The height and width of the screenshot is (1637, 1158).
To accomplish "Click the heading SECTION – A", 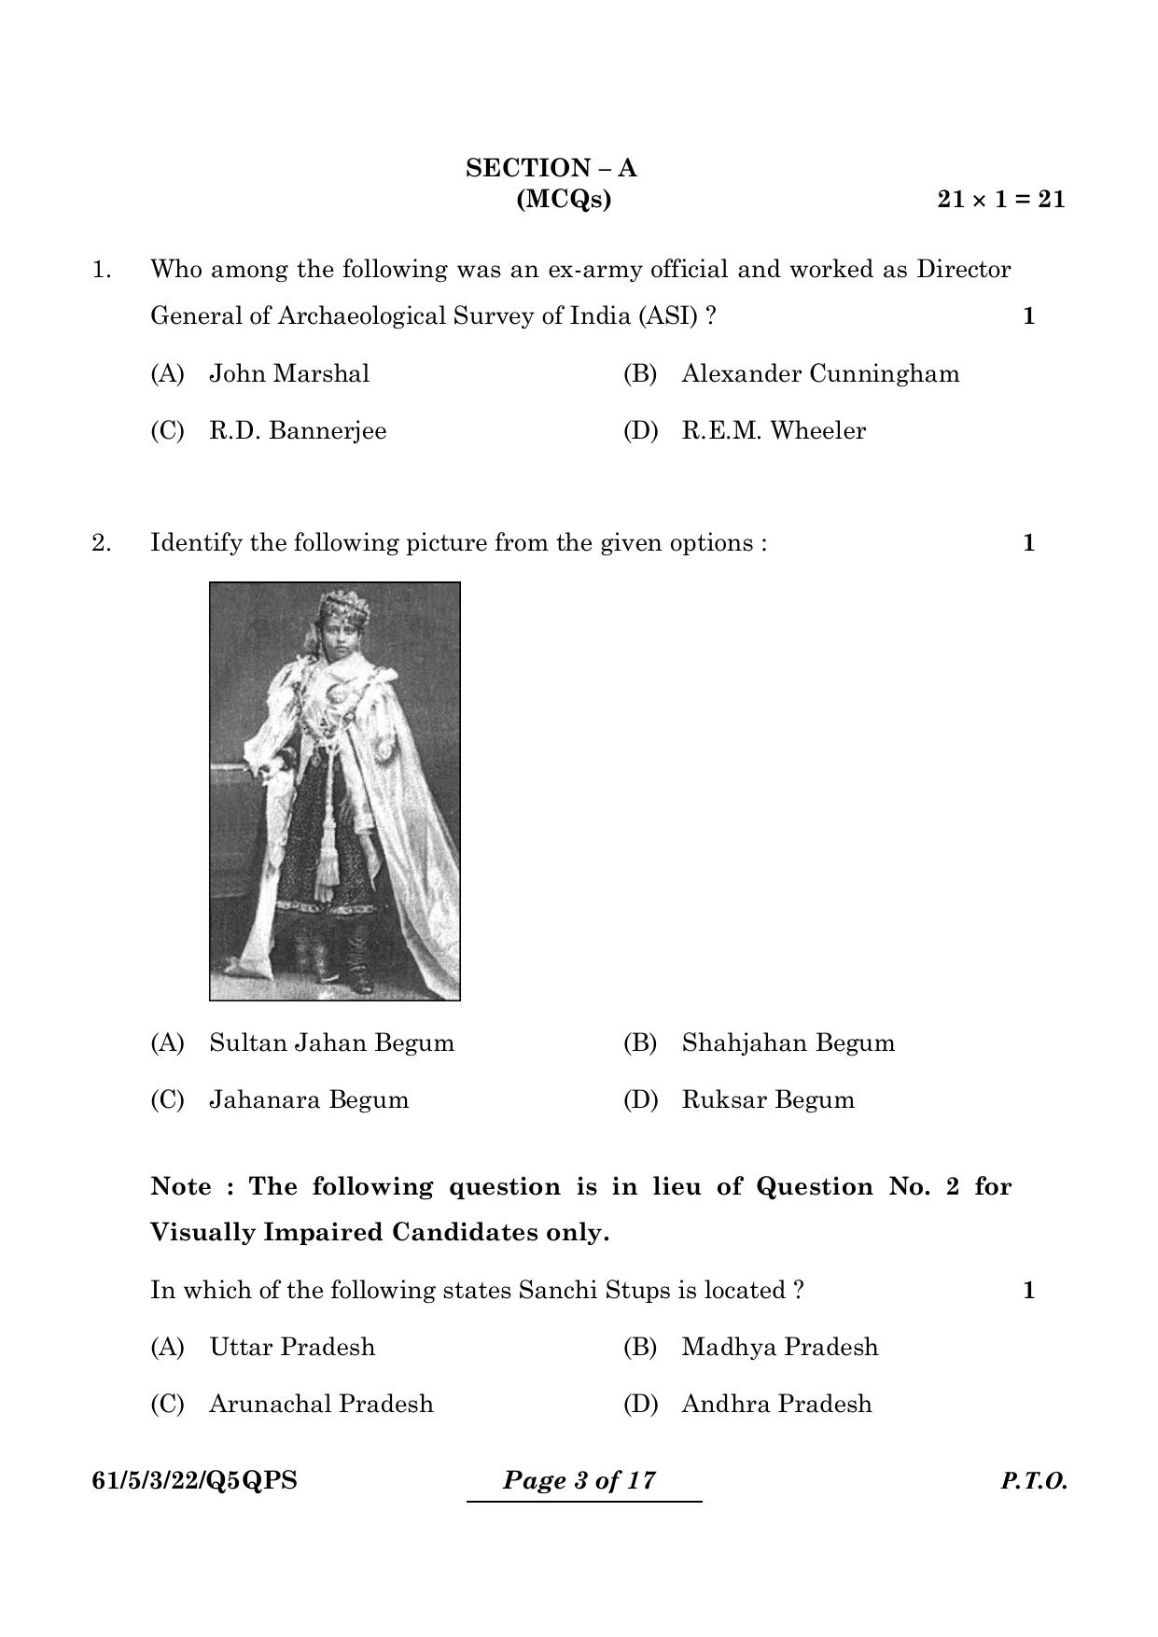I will point(551,169).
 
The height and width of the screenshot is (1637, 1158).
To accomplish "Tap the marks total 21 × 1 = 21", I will point(1000,199).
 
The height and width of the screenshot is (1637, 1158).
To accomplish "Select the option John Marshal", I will point(288,374).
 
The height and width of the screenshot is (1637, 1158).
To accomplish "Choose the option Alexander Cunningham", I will point(819,374).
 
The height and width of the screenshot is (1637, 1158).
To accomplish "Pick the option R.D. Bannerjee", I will point(297,431).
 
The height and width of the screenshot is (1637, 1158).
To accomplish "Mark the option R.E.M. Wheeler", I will point(773,431).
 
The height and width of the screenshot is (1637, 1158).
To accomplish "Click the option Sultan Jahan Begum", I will point(331,1042).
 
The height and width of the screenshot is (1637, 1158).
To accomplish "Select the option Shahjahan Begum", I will point(788,1042).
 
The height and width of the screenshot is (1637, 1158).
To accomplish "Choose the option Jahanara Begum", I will point(308,1099).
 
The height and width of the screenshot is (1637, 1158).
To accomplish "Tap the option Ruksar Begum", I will point(767,1099).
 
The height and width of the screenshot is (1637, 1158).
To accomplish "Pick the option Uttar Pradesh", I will point(291,1347).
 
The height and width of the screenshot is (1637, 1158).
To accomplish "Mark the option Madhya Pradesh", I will point(779,1347).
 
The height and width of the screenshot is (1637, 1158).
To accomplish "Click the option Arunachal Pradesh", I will point(320,1404).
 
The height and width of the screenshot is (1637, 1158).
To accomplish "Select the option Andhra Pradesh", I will point(776,1404).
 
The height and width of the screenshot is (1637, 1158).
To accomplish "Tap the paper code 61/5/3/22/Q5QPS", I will point(194,1480).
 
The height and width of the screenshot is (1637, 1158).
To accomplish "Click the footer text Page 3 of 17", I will point(579,1480).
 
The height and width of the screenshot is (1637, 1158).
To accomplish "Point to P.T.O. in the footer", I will point(1034,1481).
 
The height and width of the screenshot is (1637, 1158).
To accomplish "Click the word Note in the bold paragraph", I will point(181,1187).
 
